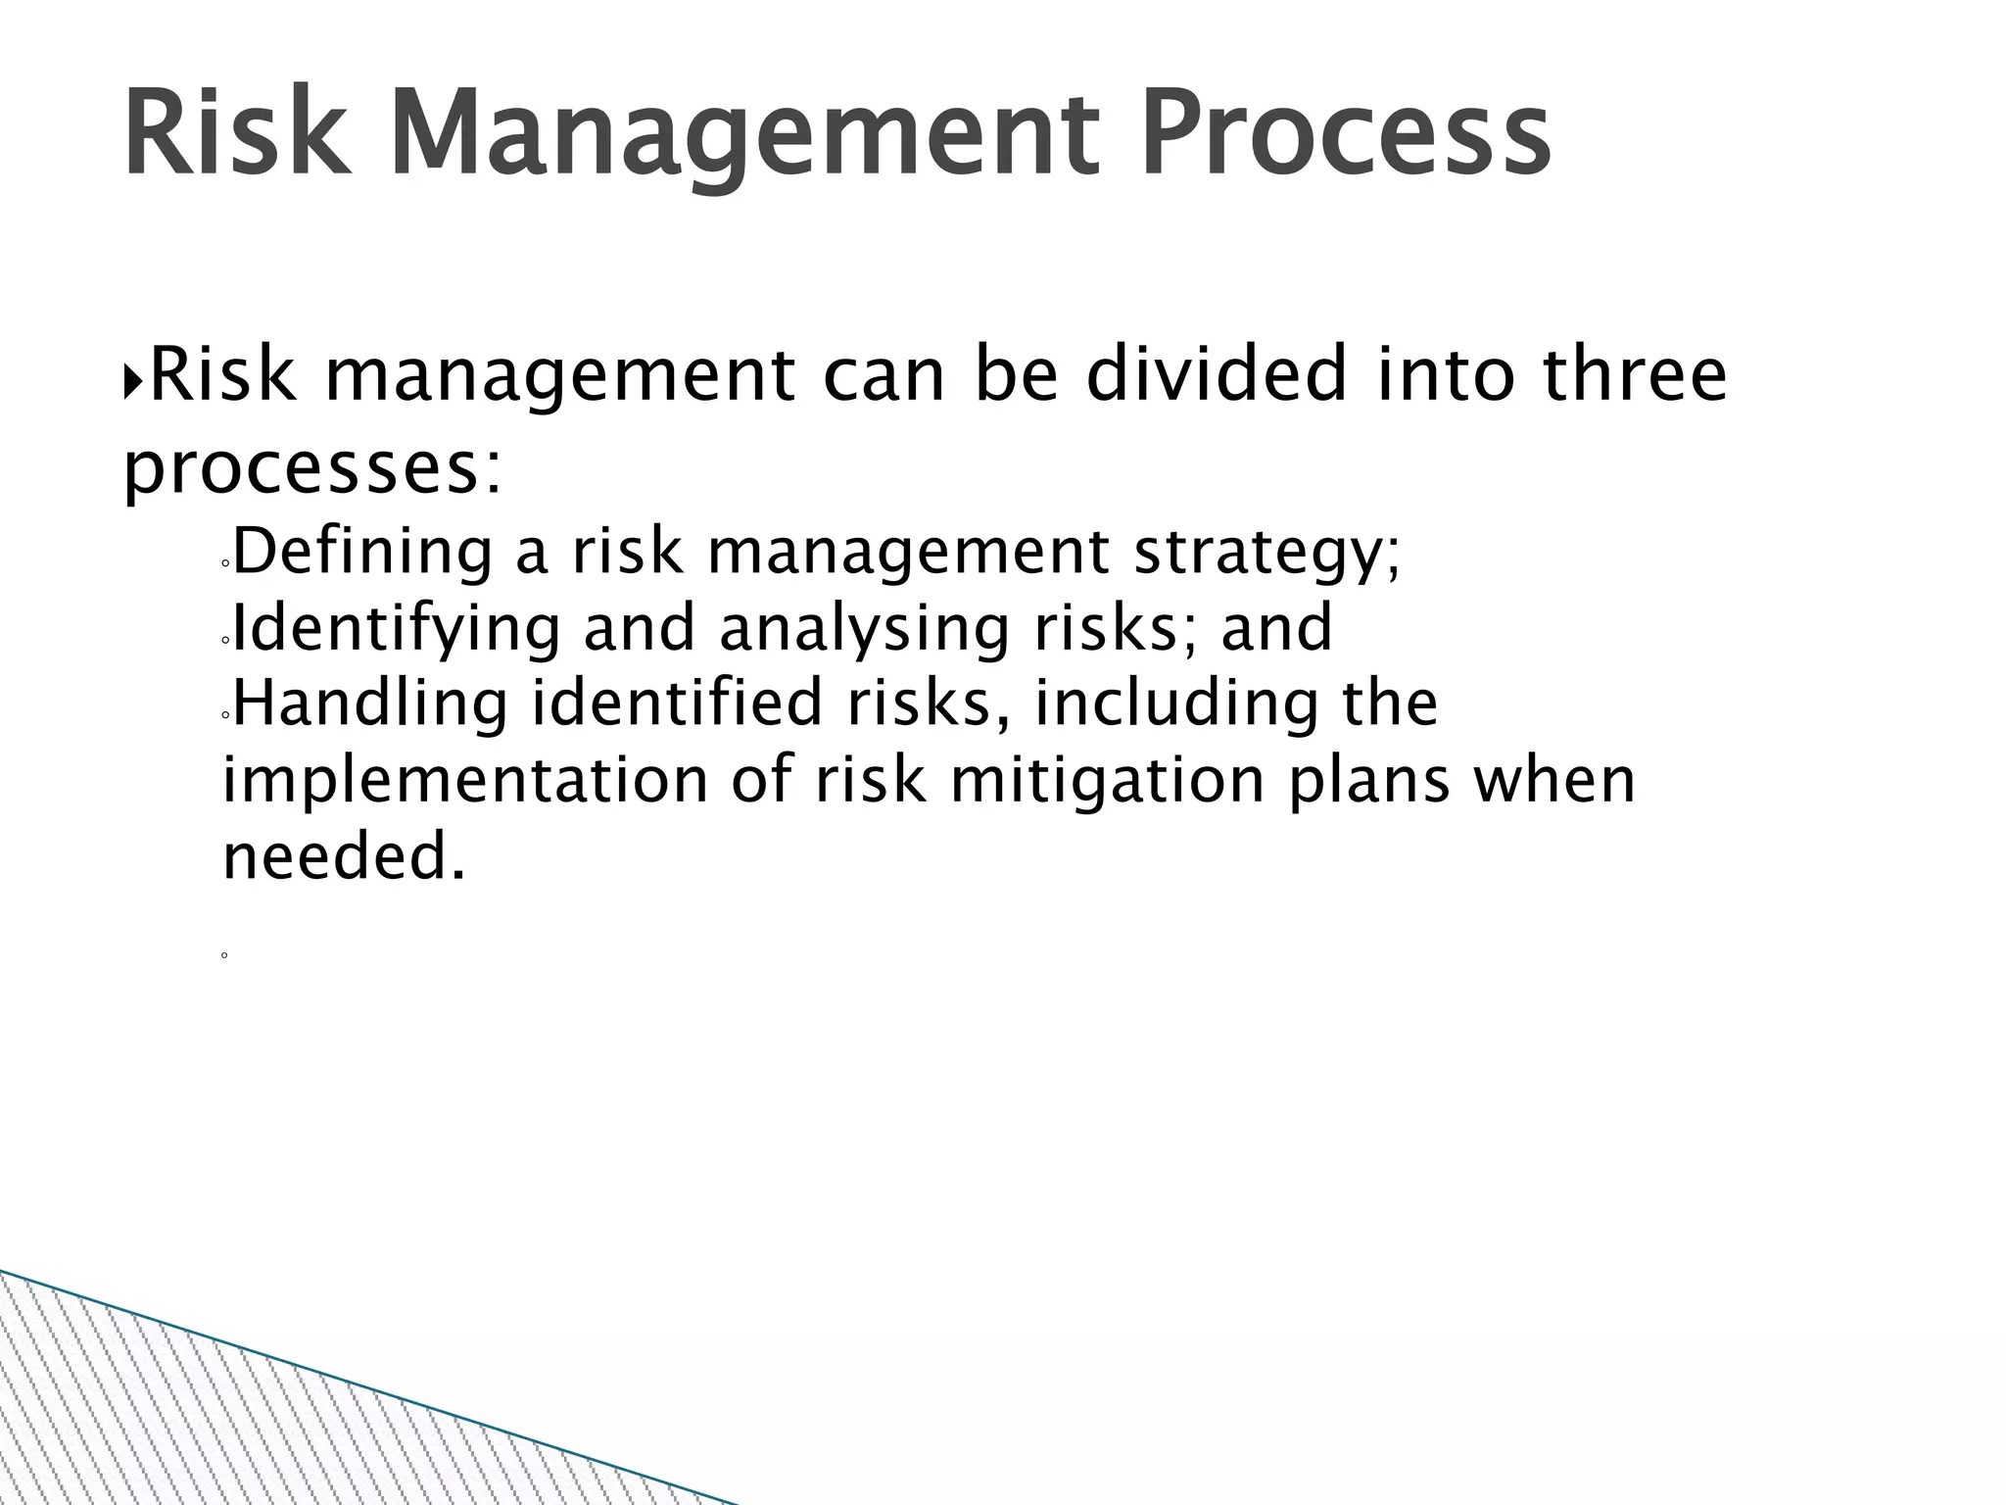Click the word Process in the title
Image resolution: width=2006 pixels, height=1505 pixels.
coord(1346,132)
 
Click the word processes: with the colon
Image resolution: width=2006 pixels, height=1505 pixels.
coord(312,470)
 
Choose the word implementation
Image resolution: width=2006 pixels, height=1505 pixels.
coord(465,781)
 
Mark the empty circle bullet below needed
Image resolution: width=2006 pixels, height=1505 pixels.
coord(224,954)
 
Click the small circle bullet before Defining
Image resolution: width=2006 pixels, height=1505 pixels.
coord(225,564)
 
